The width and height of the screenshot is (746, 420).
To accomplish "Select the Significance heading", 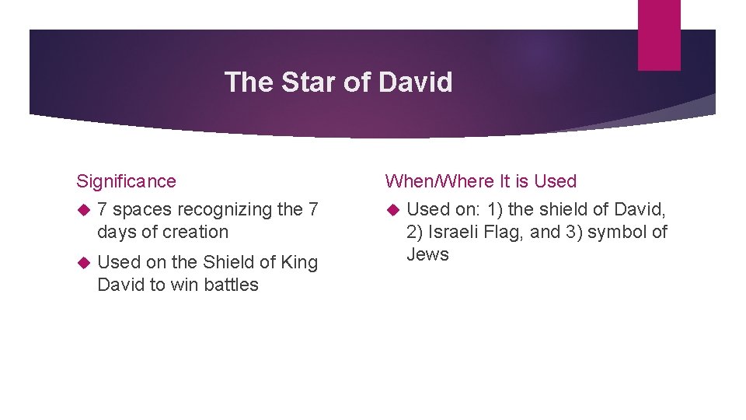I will pos(126,181).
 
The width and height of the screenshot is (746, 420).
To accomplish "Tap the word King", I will pos(299,262).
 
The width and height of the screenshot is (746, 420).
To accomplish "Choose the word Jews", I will pos(427,254).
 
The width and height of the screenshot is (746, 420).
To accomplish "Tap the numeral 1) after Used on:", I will pos(494,210).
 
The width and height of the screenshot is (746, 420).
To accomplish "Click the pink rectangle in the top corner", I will pos(659,35).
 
